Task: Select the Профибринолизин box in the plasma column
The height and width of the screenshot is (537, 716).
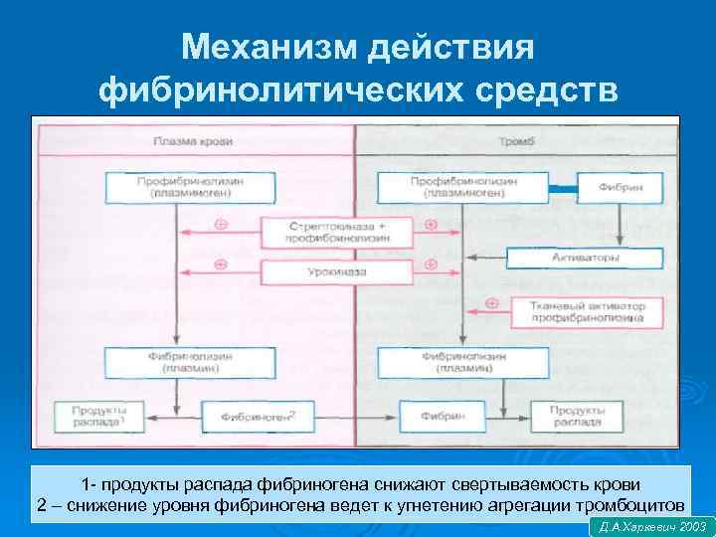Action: (x=175, y=186)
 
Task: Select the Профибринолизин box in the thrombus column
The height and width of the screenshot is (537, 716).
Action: (x=462, y=186)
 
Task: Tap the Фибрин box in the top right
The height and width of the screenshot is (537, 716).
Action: (x=619, y=186)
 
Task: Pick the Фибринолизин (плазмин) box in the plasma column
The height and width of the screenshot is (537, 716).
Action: (x=175, y=361)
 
